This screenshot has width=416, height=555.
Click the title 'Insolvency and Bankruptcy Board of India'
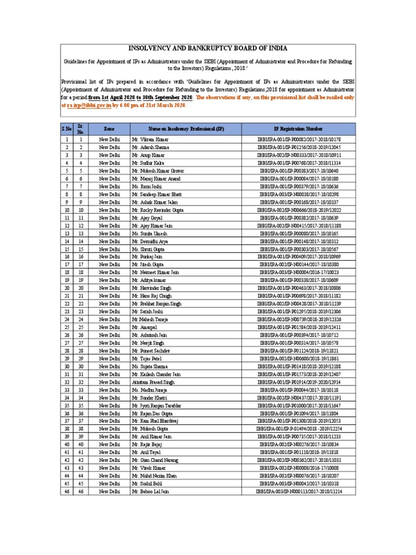(x=208, y=48)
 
